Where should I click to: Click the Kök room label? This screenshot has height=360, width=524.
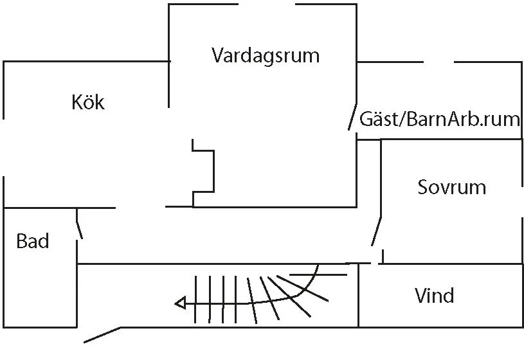click(x=88, y=102)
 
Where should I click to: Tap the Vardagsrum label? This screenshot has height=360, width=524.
click(x=265, y=55)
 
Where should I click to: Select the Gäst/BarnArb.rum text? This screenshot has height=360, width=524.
click(x=439, y=119)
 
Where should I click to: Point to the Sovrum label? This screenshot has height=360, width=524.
click(x=451, y=187)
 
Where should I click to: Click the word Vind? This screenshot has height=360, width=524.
click(x=434, y=296)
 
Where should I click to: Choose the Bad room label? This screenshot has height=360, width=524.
click(x=32, y=241)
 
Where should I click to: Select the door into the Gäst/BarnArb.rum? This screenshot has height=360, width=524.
click(x=352, y=117)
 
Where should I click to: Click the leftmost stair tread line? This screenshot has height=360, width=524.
click(x=195, y=299)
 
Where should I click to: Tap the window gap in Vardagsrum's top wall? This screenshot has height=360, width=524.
click(x=266, y=4)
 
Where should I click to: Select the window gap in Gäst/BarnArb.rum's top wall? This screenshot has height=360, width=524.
click(x=438, y=62)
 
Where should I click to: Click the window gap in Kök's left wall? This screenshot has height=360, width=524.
click(x=4, y=147)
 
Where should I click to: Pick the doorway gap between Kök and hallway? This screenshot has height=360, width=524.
click(x=140, y=208)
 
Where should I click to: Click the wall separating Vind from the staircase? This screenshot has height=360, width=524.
click(x=358, y=296)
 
